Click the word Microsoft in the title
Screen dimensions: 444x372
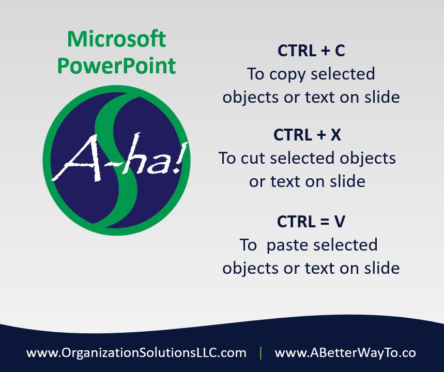coord(116,39)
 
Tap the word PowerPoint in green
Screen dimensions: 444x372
coord(116,66)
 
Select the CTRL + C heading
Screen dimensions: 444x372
coord(311,51)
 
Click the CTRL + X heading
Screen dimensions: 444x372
coord(307,134)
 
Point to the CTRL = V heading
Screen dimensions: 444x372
coord(311,221)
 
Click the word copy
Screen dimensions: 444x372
coord(287,75)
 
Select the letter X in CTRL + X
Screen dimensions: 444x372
coord(335,135)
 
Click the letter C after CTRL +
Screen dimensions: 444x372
coord(340,51)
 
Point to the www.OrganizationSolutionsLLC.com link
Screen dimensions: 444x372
coord(136,353)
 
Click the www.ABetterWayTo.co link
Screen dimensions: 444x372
coord(345,353)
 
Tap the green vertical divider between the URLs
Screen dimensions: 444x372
coord(261,353)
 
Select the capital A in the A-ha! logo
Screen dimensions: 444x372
coord(76,159)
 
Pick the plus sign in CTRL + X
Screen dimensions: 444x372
coord(321,135)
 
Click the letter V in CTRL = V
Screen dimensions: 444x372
coord(340,222)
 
